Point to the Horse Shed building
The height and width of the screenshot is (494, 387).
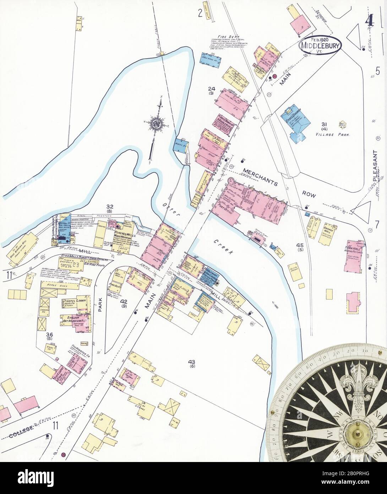tap(57, 285)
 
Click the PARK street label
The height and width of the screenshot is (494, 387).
tap(100, 304)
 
